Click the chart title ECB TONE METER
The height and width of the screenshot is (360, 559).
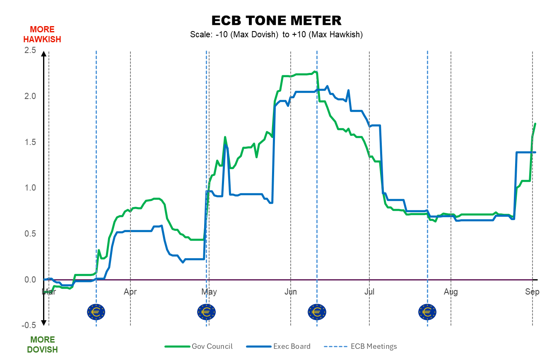(x=276, y=20)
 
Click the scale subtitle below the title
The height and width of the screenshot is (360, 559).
(x=276, y=34)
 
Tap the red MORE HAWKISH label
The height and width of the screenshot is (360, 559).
(x=42, y=34)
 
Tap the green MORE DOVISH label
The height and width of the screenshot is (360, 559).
(x=42, y=345)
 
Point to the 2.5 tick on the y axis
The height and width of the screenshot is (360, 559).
(x=30, y=50)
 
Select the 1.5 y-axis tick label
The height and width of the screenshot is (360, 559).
(x=30, y=142)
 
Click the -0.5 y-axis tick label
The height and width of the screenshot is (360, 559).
(x=29, y=325)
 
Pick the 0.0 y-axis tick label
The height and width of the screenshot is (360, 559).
(x=30, y=280)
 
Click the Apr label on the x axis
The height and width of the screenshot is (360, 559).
(x=130, y=292)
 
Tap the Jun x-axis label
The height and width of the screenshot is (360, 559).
(x=291, y=292)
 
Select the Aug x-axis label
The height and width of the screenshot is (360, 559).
(x=451, y=292)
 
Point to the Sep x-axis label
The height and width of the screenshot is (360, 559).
(x=532, y=292)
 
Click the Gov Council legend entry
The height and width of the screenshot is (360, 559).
(x=199, y=346)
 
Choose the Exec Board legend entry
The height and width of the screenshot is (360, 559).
(x=278, y=346)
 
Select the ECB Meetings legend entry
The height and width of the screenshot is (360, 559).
(x=360, y=346)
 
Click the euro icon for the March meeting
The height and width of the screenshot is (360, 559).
(x=96, y=312)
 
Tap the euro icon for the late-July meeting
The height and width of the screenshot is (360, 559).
(x=427, y=312)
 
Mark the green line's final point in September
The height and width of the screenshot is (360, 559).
(x=535, y=124)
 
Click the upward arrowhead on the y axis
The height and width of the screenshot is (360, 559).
(x=43, y=54)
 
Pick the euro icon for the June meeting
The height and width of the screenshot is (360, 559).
(x=317, y=312)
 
